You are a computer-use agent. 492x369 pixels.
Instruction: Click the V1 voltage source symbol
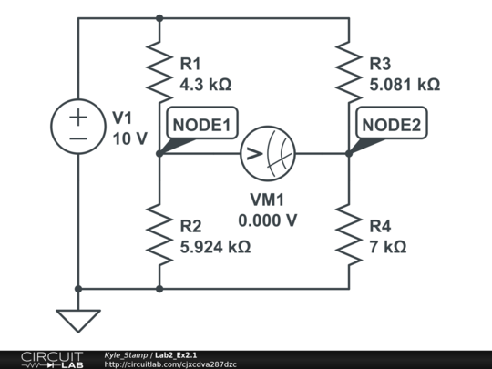[78, 127]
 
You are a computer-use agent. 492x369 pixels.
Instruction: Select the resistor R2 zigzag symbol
[159, 235]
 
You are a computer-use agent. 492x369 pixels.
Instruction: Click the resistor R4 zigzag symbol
[349, 235]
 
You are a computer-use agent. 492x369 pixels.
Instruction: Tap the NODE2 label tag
[391, 125]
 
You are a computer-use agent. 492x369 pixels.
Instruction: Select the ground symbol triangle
[78, 320]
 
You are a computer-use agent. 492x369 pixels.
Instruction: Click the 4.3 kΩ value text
[205, 85]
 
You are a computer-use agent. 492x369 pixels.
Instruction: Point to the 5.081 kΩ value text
[404, 85]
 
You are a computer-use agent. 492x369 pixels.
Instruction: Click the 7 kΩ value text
[387, 246]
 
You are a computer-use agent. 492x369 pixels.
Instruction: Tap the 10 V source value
[128, 138]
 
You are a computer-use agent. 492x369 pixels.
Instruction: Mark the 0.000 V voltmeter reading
[267, 220]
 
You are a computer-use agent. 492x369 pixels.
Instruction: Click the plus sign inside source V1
[78, 116]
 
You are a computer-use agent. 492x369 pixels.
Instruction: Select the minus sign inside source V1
[78, 138]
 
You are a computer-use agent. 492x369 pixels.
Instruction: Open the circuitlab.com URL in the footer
[170, 364]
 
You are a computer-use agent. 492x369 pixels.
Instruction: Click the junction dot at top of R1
[159, 17]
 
